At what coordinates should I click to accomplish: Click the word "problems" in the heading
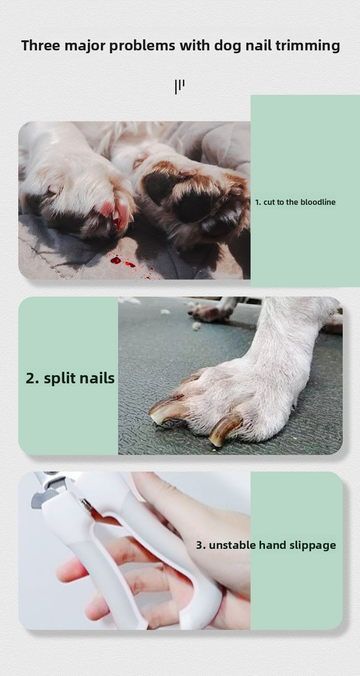[142, 46]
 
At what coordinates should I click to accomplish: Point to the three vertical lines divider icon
[180, 87]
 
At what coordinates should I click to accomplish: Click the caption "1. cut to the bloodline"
[295, 202]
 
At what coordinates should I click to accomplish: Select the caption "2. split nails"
[70, 378]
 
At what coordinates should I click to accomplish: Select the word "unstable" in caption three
[232, 545]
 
